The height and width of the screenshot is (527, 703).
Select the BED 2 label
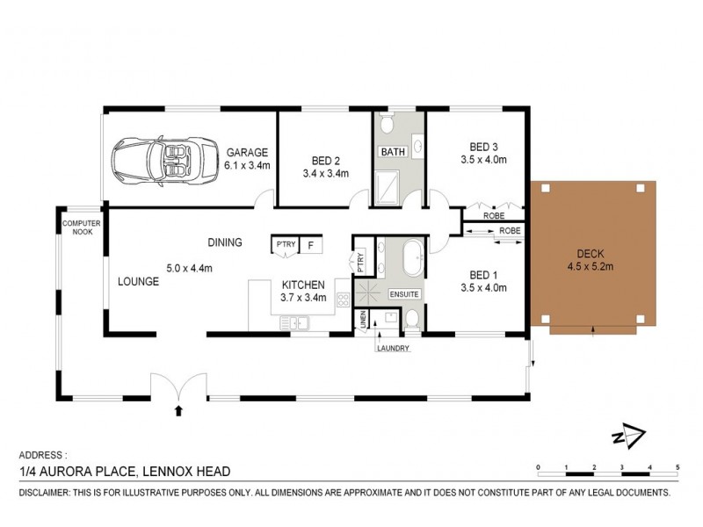[326, 160]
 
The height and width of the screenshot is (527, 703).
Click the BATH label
[392, 152]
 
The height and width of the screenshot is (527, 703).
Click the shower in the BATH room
[388, 186]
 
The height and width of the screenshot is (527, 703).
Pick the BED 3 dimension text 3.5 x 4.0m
[483, 160]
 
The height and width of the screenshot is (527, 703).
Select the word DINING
[225, 242]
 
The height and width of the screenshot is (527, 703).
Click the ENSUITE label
[405, 293]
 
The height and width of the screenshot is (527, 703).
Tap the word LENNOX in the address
[173, 473]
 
